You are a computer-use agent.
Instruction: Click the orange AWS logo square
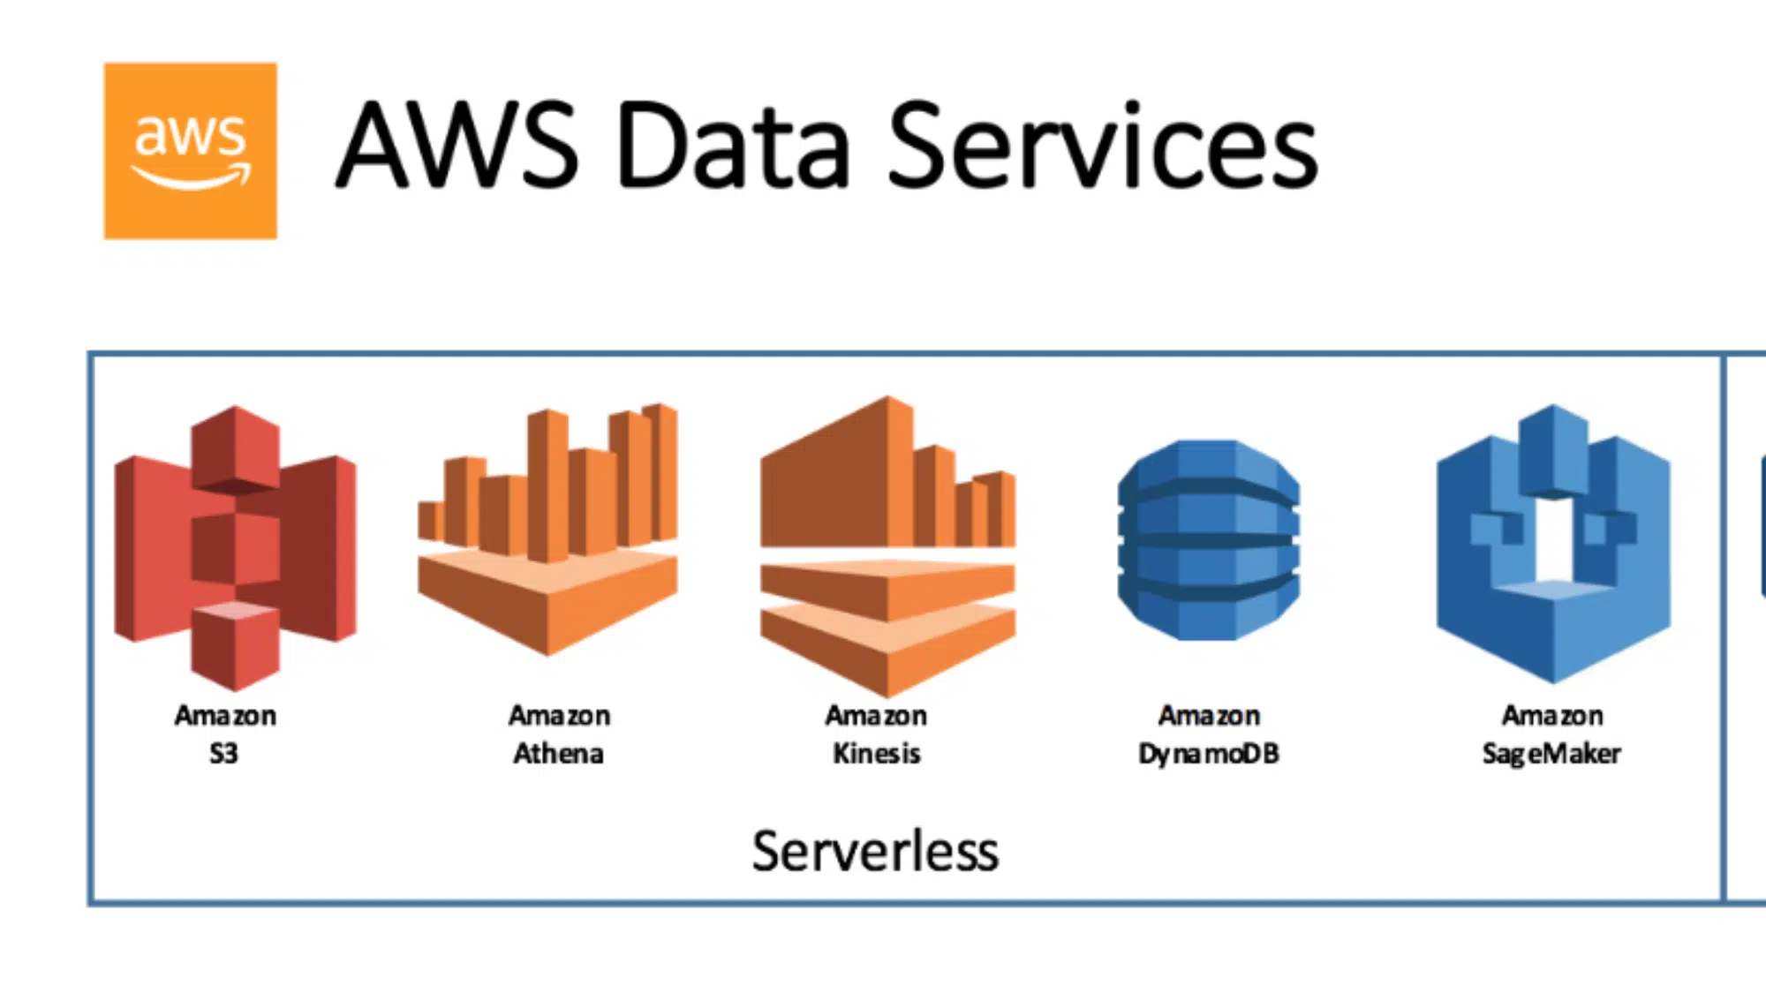tap(190, 150)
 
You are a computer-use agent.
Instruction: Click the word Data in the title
tap(732, 146)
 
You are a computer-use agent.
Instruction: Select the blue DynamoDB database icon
tap(1208, 540)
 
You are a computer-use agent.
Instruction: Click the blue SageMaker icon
tap(1553, 543)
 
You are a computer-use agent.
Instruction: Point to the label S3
tap(223, 754)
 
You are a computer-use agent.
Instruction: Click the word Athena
tap(558, 754)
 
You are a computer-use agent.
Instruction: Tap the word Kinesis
tap(876, 754)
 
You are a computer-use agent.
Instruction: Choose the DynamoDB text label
tap(1208, 754)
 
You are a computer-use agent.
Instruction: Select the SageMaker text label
tap(1551, 754)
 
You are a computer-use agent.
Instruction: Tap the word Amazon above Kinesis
tap(876, 715)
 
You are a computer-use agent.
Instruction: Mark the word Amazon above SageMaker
tap(1552, 715)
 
